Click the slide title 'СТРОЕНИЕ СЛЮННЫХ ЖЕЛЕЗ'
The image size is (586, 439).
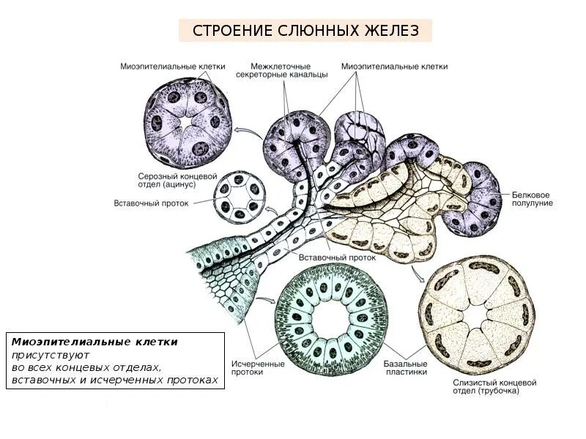305,31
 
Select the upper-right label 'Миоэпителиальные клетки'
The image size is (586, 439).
394,67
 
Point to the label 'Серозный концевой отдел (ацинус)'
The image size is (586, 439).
178,180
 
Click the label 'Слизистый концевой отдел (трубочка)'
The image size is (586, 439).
492,386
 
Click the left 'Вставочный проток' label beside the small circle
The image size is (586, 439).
152,203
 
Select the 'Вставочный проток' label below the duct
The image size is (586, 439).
337,258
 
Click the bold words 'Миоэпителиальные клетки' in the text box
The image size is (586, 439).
94,342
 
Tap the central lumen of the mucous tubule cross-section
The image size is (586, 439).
481,315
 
